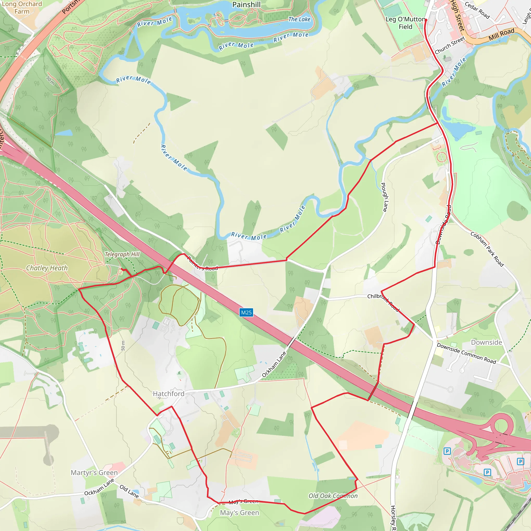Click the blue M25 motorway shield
246,312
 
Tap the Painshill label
246,5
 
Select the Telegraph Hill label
122,254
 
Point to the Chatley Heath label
47,268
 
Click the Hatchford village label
169,394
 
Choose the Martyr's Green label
94,473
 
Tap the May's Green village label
239,513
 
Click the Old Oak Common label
333,496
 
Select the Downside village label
486,343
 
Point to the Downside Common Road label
466,353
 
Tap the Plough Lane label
385,197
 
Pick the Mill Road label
501,34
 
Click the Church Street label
450,45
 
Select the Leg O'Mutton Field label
406,23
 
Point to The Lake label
299,19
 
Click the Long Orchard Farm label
22,8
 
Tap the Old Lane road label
129,491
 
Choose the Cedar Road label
477,10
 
